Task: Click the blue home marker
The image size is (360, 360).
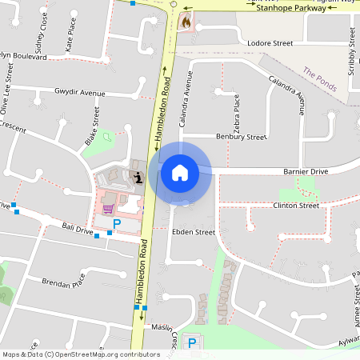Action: pyautogui.click(x=180, y=172)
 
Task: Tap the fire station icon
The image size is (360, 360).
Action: pyautogui.click(x=186, y=22)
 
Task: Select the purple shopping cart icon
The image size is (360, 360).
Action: pyautogui.click(x=107, y=209)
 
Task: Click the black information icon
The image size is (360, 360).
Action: pyautogui.click(x=139, y=178)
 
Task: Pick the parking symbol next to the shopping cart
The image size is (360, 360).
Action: pyautogui.click(x=117, y=225)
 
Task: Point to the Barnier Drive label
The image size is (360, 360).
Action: pyautogui.click(x=306, y=171)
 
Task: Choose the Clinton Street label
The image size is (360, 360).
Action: pyautogui.click(x=296, y=206)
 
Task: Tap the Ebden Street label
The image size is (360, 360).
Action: pyautogui.click(x=194, y=232)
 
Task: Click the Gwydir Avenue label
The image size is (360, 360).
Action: pyautogui.click(x=80, y=94)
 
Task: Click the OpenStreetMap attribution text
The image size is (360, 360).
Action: pyautogui.click(x=81, y=354)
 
